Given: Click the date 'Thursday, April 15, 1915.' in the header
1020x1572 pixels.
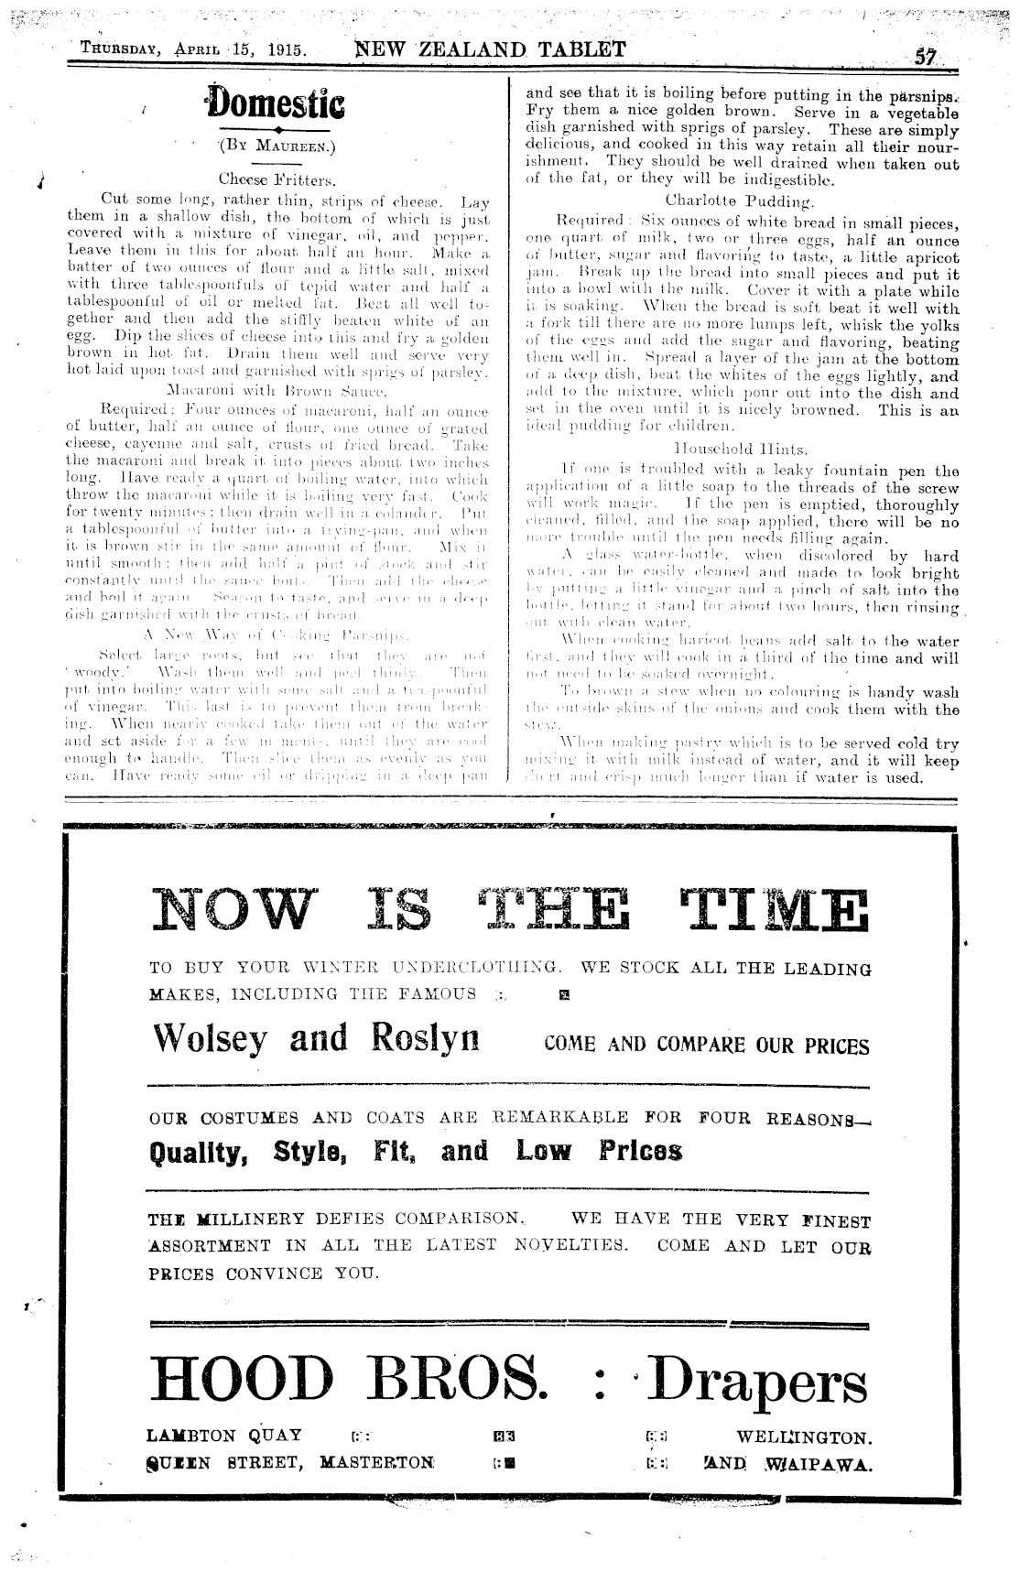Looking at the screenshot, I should click(192, 50).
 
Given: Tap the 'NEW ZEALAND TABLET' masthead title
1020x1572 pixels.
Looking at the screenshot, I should click(491, 49).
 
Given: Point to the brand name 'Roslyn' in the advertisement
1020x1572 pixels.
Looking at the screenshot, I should click(427, 1037).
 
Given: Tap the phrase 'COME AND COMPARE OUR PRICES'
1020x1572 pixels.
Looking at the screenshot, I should click(706, 1045).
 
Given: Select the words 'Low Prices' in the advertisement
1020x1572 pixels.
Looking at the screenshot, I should click(600, 1151).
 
